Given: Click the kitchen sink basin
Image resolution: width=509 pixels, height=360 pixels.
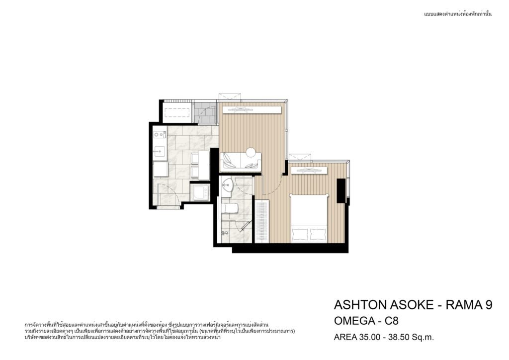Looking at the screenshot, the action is point(160,151).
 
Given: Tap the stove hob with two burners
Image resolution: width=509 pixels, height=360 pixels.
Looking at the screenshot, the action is point(160,134).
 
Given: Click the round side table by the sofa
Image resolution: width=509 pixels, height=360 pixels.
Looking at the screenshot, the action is point(251,152).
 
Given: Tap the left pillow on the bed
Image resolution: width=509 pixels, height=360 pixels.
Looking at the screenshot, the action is point(300,233).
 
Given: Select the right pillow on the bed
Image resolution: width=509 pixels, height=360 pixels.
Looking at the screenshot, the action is point(318,233).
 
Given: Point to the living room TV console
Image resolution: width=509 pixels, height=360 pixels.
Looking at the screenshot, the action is point(252,110).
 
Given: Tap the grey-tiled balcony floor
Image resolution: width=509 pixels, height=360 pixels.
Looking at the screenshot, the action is point(205,112).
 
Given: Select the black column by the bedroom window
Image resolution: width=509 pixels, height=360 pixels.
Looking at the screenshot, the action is point(341,190).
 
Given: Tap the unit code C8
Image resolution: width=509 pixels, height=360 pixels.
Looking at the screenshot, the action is point(392,321).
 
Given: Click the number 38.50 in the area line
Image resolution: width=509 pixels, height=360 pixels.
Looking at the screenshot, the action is point(398,337).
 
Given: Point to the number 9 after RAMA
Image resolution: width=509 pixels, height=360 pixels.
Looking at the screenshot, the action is point(488,305).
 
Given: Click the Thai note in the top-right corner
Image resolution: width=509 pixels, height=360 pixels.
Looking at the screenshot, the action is point(458,14).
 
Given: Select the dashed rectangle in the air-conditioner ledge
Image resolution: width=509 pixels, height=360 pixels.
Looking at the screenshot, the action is point(177,112).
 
